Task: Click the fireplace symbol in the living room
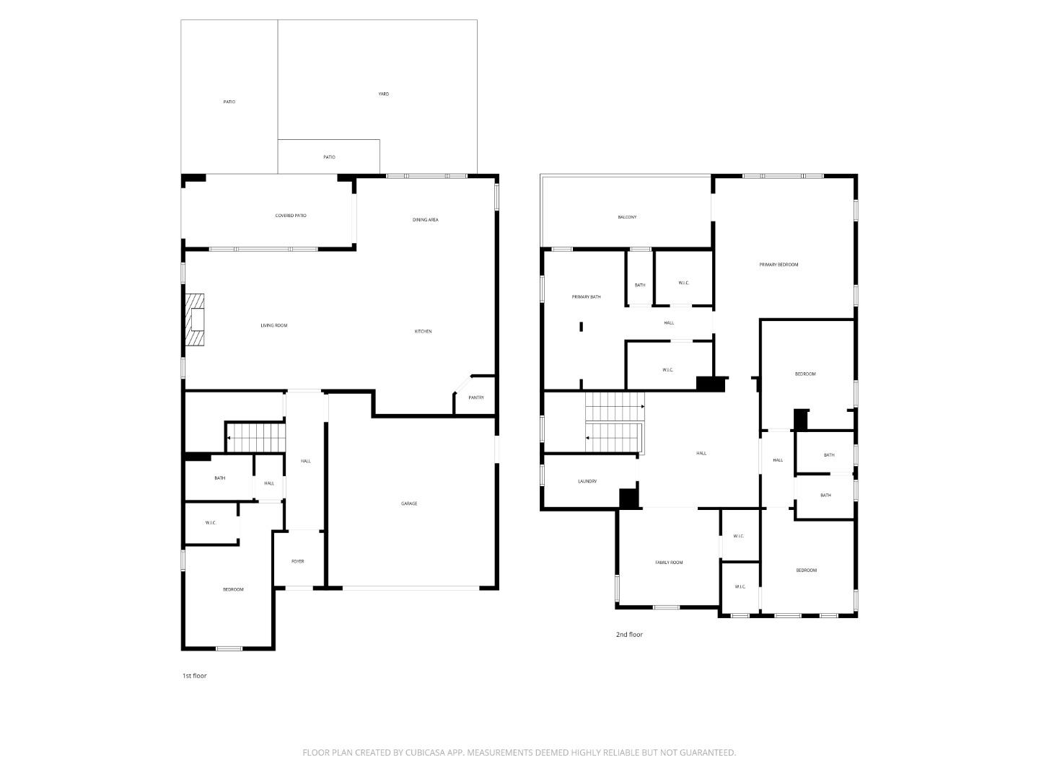coord(195,320)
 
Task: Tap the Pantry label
coord(476,397)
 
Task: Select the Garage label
coord(409,503)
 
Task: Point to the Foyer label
coord(298,561)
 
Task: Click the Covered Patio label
coord(291,216)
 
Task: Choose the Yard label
coord(383,94)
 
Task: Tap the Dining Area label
coord(425,220)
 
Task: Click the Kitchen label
coord(423,332)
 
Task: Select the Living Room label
coord(274,325)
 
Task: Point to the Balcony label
coord(627,217)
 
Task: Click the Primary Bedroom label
coord(779,265)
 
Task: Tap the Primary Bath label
coord(586,297)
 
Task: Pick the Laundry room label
coord(587,482)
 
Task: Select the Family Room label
coord(669,563)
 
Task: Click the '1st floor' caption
coord(195,676)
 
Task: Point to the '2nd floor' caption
coord(629,635)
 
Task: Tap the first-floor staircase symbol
coord(256,438)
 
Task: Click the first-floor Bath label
coord(219,478)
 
